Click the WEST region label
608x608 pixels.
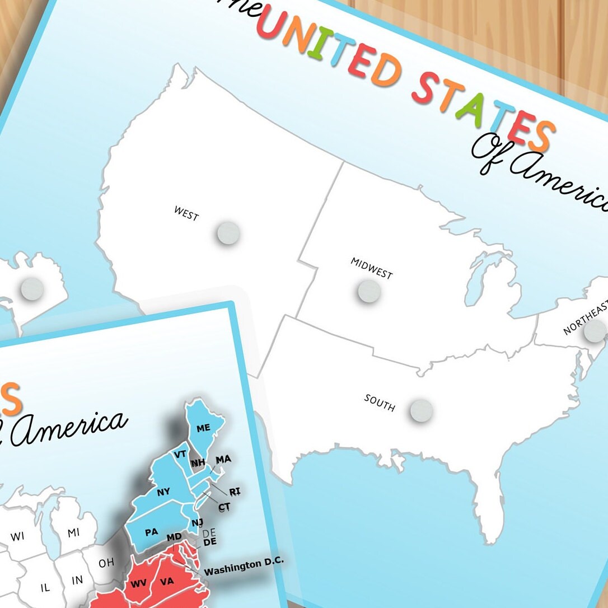click(186, 213)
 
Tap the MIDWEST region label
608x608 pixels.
click(372, 268)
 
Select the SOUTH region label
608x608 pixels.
click(380, 402)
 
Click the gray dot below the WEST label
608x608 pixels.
click(228, 232)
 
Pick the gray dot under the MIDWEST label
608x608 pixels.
click(370, 291)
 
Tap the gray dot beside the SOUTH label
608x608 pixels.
click(421, 410)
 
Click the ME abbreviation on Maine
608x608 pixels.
click(203, 428)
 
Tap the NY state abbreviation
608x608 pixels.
click(163, 492)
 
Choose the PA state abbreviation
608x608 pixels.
click(151, 532)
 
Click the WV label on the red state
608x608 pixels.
click(138, 583)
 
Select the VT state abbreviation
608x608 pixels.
click(180, 454)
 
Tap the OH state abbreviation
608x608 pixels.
click(106, 563)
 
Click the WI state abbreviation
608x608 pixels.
click(17, 536)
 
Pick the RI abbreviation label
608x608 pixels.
click(235, 492)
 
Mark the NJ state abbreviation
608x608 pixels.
click(197, 523)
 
